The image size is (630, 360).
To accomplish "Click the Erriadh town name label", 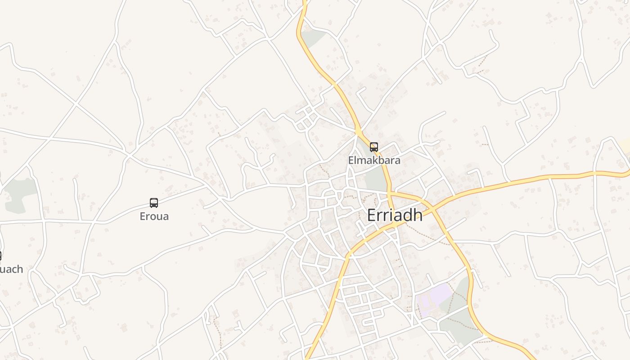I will (395, 216).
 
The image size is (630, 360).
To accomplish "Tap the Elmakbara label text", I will (374, 160).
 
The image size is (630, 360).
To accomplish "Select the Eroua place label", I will (154, 216).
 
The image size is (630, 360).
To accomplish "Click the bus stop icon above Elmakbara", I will (374, 147).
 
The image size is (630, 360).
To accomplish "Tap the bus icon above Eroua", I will (154, 202).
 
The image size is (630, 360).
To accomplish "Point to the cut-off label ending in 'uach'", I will (11, 270).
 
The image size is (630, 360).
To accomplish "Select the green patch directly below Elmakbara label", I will (375, 179).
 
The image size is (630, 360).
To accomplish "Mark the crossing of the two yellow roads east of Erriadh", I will (433, 208).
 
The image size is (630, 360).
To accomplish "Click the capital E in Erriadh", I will (372, 216).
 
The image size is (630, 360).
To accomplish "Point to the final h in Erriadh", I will (418, 216).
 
